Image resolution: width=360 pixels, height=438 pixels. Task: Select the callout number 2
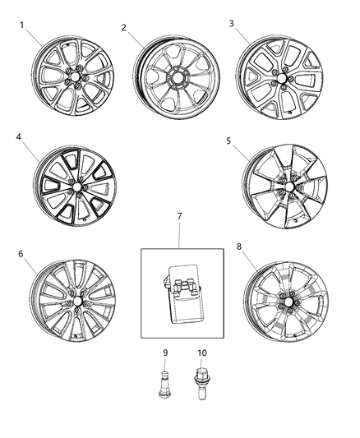pyautogui.click(x=123, y=27)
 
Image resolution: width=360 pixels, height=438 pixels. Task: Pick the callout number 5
pyautogui.click(x=228, y=141)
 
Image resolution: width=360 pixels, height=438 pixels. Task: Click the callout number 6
pyautogui.click(x=21, y=254)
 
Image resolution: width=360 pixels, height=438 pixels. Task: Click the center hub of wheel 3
pyautogui.click(x=282, y=81)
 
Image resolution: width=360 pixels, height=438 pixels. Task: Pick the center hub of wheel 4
pyautogui.click(x=75, y=187)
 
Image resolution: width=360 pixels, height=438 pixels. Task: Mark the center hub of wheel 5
pyautogui.click(x=285, y=191)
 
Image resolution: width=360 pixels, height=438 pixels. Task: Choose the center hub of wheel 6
pyautogui.click(x=75, y=301)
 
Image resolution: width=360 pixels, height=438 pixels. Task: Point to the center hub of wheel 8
pyautogui.click(x=284, y=303)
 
